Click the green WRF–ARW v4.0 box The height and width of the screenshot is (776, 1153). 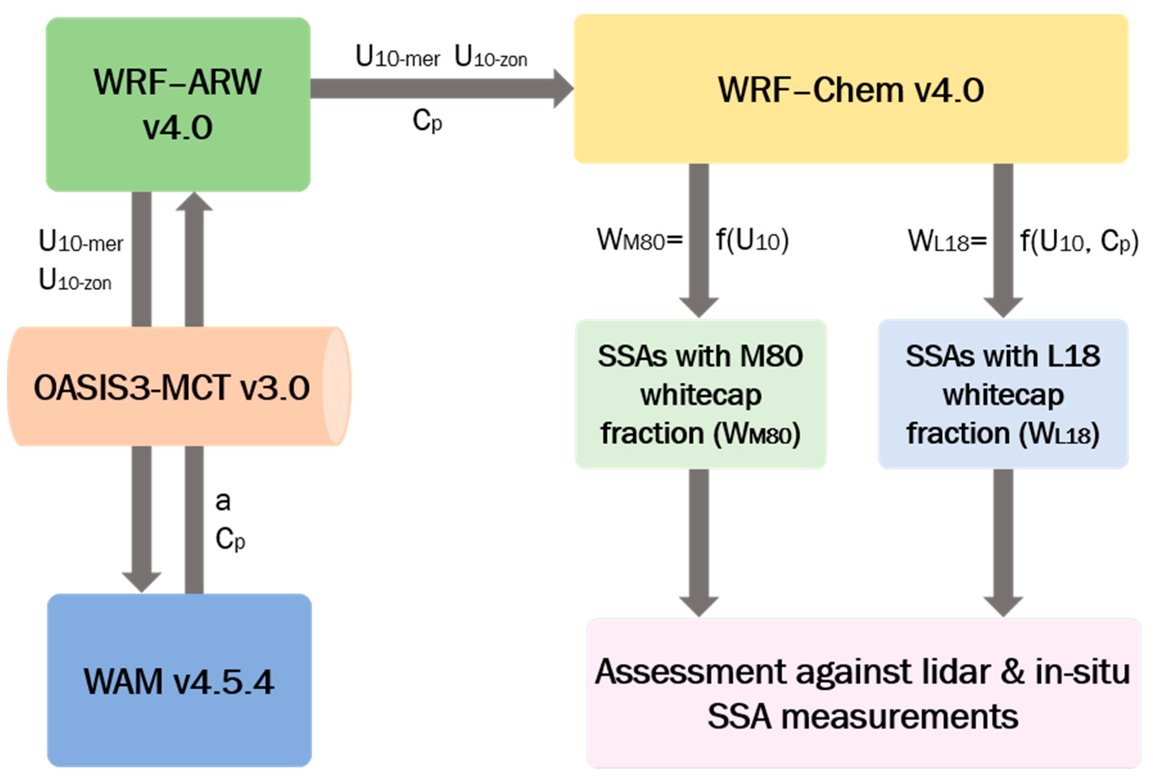pyautogui.click(x=178, y=104)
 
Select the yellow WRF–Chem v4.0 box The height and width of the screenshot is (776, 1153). pyautogui.click(x=850, y=89)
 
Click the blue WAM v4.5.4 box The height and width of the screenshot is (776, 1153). pyautogui.click(x=179, y=681)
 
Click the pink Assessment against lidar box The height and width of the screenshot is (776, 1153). pyautogui.click(x=863, y=693)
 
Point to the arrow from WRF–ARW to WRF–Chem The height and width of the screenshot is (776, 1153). pyautogui.click(x=436, y=89)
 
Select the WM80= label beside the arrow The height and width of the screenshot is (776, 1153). pyautogui.click(x=639, y=241)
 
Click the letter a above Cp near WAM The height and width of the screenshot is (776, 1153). pyautogui.click(x=223, y=501)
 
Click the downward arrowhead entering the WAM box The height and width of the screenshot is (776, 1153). pyautogui.click(x=142, y=581)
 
